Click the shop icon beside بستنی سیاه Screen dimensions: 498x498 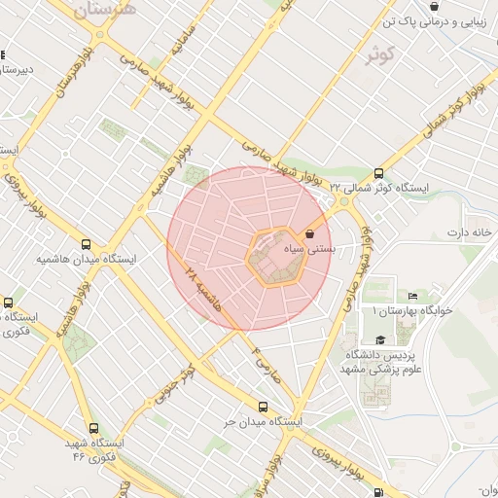coord(310,234)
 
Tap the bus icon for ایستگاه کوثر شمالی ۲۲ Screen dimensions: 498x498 coord(378,173)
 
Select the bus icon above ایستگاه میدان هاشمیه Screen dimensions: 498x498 coord(87,245)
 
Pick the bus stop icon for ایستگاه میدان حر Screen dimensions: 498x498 coord(263,407)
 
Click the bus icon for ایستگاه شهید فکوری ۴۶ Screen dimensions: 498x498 coord(93,428)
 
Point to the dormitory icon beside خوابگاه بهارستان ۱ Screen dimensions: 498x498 coord(412,296)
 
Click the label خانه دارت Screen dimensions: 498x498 coord(471,232)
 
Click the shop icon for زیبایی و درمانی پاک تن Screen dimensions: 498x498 coord(433,7)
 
